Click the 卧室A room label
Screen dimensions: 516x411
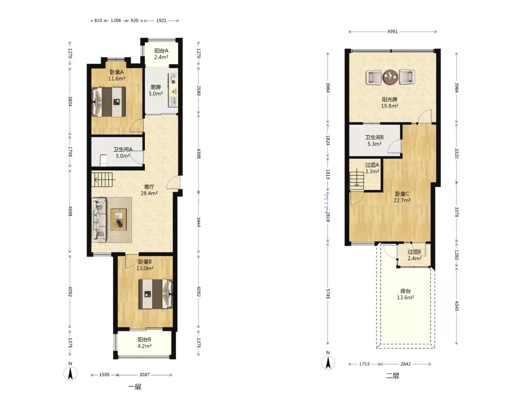click(x=117, y=72)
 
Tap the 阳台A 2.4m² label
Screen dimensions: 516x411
click(x=161, y=53)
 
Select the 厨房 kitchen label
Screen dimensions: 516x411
click(x=156, y=87)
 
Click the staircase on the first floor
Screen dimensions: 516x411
click(x=103, y=179)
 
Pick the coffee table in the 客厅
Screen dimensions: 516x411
click(x=119, y=219)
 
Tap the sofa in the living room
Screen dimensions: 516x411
click(x=99, y=218)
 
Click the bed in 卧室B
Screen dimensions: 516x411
click(x=155, y=294)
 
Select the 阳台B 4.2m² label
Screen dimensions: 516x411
click(x=144, y=343)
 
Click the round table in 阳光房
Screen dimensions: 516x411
click(x=390, y=77)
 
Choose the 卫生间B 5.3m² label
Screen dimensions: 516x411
click(x=375, y=140)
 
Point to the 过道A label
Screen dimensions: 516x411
click(x=372, y=165)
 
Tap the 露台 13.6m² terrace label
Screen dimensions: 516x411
click(x=406, y=294)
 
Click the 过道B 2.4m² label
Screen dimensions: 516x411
click(x=414, y=255)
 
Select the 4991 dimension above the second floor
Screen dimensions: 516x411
click(x=392, y=32)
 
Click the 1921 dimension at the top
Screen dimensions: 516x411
click(x=161, y=21)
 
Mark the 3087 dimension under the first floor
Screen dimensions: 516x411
click(x=144, y=375)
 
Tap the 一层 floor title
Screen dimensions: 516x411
click(x=135, y=387)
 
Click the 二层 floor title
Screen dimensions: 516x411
click(x=393, y=376)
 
